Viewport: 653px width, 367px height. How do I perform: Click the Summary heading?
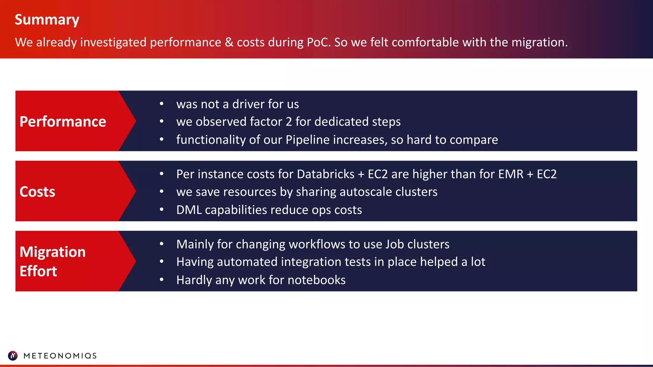click(x=47, y=20)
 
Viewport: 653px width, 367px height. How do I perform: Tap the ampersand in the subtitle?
click(x=229, y=42)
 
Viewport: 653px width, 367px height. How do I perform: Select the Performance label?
click(x=63, y=121)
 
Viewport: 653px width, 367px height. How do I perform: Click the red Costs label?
click(x=37, y=191)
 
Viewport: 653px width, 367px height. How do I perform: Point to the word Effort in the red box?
click(x=38, y=271)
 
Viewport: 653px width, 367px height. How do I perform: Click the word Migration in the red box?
click(x=53, y=252)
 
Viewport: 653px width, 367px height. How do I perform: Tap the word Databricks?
click(x=326, y=174)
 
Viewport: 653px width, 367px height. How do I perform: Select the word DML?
click(x=189, y=210)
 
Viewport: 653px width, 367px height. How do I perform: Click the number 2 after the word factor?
click(x=289, y=122)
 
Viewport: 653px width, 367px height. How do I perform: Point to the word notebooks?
click(x=316, y=280)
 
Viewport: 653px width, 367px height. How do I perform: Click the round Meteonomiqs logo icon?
click(x=13, y=356)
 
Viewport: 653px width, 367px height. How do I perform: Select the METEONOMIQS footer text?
click(x=60, y=356)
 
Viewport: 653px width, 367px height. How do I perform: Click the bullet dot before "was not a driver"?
click(x=162, y=104)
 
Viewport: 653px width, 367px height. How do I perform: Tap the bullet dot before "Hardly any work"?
click(x=162, y=280)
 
